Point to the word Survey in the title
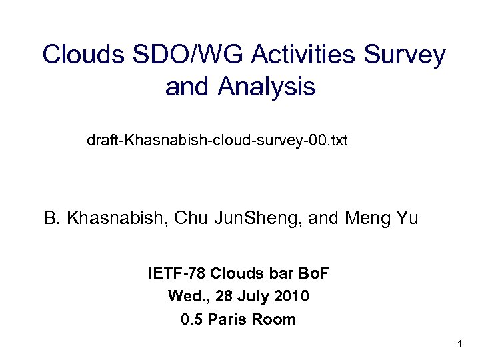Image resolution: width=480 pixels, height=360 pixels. pyautogui.click(x=409, y=55)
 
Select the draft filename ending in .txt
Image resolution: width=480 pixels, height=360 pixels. pyautogui.click(x=217, y=141)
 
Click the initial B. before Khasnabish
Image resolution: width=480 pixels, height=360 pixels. pyautogui.click(x=52, y=218)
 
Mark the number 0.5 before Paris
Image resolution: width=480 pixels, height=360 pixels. pyautogui.click(x=192, y=319)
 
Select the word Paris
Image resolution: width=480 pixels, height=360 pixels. pyautogui.click(x=229, y=319)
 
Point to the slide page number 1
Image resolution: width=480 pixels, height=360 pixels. pyautogui.click(x=460, y=344)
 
